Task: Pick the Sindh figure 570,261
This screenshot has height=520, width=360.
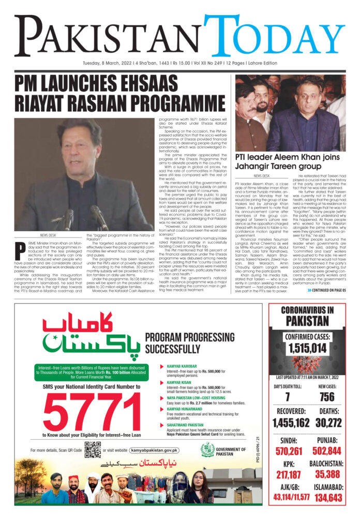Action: (289, 451)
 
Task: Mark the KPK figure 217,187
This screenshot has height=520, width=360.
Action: (289, 474)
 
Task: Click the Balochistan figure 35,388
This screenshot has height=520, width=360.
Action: (327, 474)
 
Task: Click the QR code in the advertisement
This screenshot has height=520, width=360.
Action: (92, 450)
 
